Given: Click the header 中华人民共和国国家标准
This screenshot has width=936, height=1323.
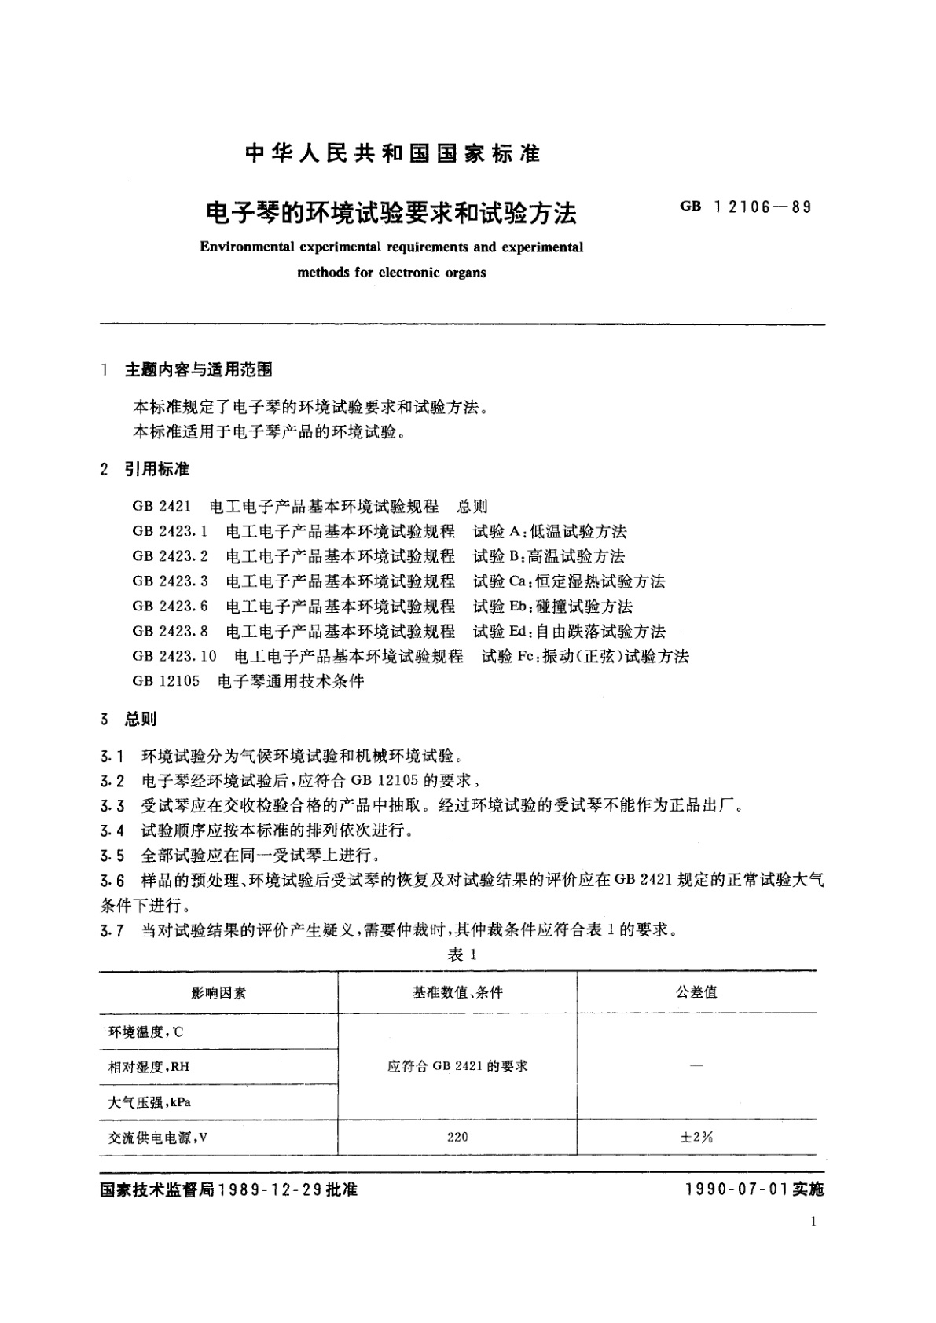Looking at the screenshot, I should click(392, 153).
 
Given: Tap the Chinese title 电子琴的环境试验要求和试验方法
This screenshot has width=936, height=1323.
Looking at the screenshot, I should click(391, 212).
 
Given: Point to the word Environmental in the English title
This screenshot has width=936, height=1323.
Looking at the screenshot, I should click(244, 247).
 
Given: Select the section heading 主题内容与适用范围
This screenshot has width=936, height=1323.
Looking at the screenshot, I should click(198, 369).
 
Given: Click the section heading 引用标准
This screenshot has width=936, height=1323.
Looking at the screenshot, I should click(156, 470).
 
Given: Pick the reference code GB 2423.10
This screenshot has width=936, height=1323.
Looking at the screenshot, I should click(174, 656).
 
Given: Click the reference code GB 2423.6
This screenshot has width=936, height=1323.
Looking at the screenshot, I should click(171, 607).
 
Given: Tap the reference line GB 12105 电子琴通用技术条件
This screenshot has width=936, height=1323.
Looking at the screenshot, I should click(248, 681).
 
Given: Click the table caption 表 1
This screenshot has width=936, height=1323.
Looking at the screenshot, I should click(462, 955).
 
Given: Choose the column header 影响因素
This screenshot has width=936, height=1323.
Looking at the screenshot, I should click(218, 993).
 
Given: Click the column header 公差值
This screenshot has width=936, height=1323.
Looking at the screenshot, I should click(696, 992).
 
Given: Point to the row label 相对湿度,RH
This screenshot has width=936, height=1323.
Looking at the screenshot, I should click(149, 1067).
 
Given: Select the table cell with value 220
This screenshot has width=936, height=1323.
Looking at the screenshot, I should click(457, 1137).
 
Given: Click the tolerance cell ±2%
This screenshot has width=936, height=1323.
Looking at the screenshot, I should click(696, 1137).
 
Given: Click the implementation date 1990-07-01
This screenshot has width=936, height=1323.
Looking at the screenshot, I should click(737, 1190).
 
